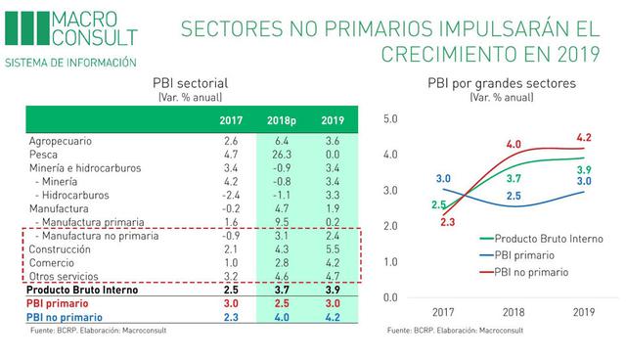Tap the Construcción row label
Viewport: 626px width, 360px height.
click(x=60, y=249)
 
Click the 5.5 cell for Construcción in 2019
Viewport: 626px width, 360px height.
click(x=334, y=249)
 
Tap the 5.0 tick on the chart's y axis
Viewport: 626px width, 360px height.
click(x=392, y=119)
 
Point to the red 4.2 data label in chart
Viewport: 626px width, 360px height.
click(x=584, y=138)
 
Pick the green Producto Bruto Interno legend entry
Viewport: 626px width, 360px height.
click(x=557, y=238)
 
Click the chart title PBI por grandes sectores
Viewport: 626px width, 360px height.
click(x=504, y=82)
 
